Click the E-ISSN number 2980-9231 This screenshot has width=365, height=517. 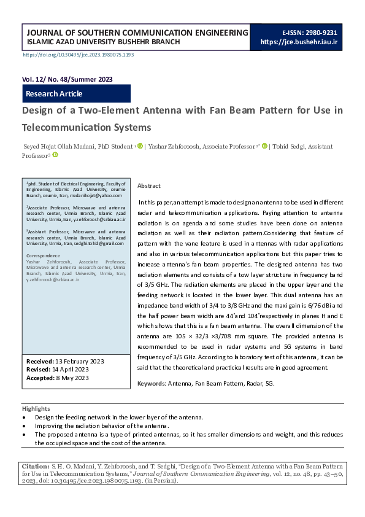tap(322, 32)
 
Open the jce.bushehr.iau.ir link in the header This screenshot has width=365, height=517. tap(299, 42)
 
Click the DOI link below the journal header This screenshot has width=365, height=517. tap(78, 55)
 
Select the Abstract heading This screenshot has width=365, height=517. tap(149, 185)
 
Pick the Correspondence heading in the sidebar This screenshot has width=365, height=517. tap(44, 255)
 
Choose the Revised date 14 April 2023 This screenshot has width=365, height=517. tap(67, 369)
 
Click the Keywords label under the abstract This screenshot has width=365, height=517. tap(152, 383)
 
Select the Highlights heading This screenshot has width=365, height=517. tap(36, 408)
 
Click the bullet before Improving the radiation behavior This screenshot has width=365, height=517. tap(24, 426)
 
